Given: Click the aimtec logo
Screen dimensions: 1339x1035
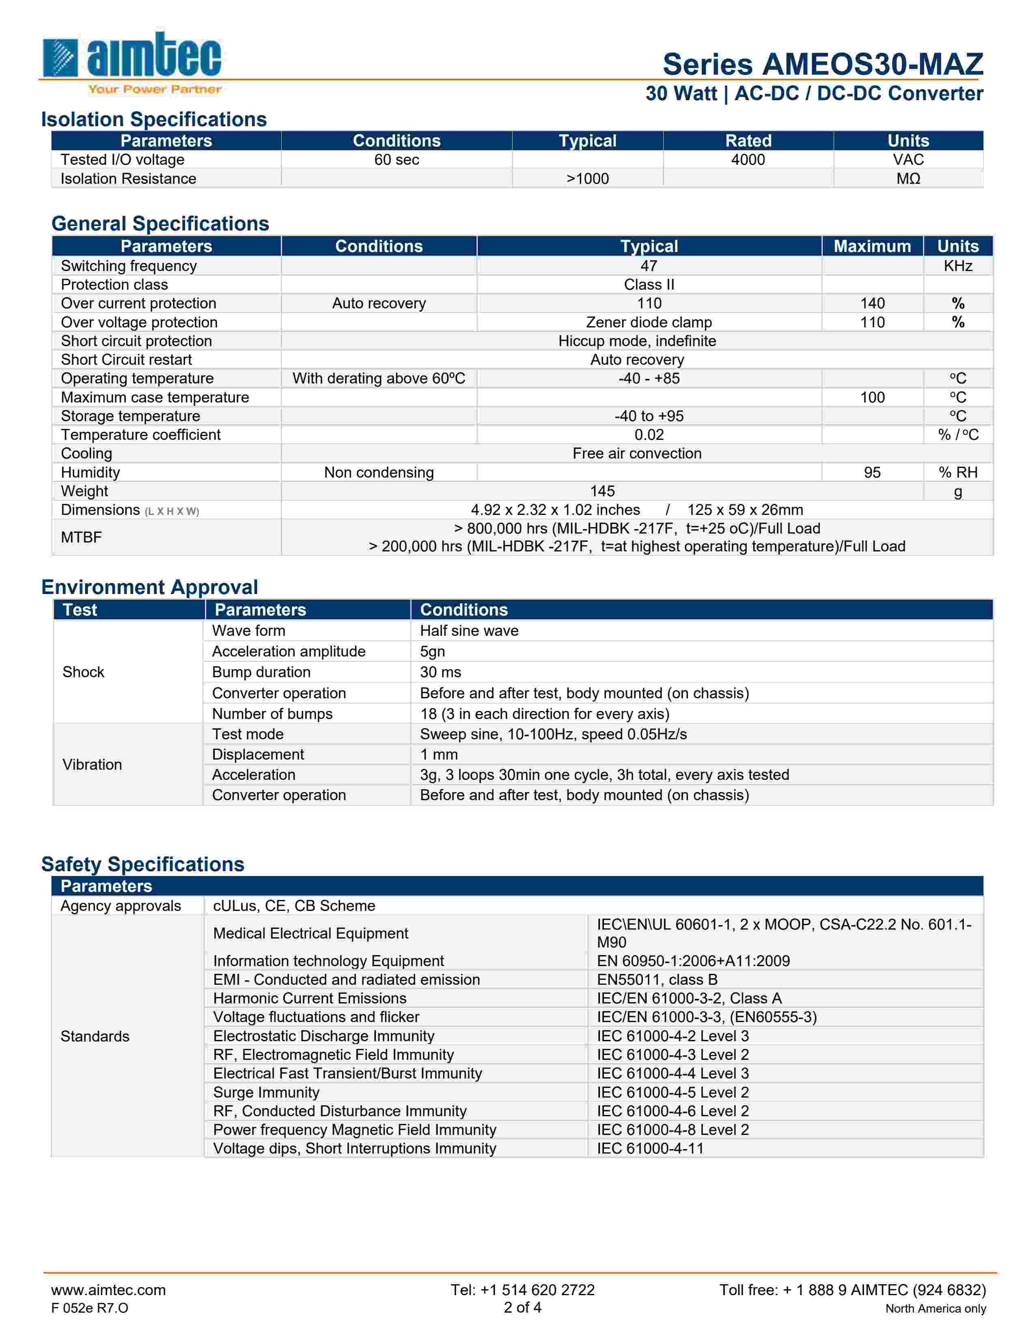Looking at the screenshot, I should pos(131,61).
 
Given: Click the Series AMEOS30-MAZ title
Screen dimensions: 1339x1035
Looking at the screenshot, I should pos(822,65).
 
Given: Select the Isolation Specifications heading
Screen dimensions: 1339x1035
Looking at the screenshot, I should pos(154,119).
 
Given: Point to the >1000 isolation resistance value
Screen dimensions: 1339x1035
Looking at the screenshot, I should pos(587,179).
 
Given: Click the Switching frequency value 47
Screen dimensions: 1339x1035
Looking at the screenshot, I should pos(649,265).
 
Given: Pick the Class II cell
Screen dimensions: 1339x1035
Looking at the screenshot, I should pos(649,284).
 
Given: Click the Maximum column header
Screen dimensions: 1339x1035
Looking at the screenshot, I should pos(872,246).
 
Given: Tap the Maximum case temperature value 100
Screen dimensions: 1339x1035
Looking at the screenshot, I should pos(872,397).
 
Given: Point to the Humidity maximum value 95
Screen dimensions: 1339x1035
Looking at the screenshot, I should pos(872,472).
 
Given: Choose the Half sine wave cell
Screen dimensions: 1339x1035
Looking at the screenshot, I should pos(469,630).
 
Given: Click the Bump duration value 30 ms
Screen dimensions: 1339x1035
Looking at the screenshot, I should pos(440,672).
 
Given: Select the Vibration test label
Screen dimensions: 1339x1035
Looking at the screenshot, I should pos(92,764).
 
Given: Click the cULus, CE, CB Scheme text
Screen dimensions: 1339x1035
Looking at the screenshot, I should pos(294,906).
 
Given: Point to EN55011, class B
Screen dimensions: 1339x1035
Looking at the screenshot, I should pos(657,979).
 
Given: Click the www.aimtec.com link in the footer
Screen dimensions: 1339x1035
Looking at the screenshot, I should pos(108,1289).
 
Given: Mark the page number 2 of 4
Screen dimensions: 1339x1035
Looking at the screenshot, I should pos(522,1307).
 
